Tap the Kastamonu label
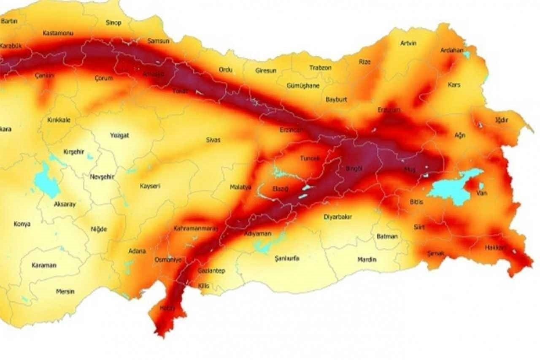pos(58,32)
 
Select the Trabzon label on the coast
pos(320,68)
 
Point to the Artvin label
pos(408,43)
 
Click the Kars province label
pos(454,85)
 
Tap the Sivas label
pos(213,140)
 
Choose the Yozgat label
pos(119,135)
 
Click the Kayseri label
pos(150,186)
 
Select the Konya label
pos(22,224)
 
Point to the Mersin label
pos(65,291)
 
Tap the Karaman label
pos(44,265)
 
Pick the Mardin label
pos(367,260)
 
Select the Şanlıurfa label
pos(286,258)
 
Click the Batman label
pos(387,236)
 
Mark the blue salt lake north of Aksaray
pos(46,181)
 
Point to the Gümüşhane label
pos(303,86)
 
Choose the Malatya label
pos(240,187)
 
